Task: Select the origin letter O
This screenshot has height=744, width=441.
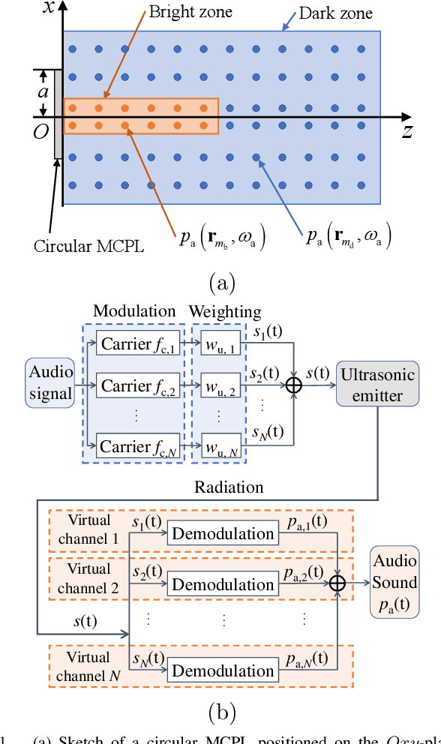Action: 41,132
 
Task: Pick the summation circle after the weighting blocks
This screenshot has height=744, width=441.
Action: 295,384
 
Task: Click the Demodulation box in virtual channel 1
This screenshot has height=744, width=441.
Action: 223,533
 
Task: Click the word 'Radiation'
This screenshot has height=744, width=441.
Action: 229,487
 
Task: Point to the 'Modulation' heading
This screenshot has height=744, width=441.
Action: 135,311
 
